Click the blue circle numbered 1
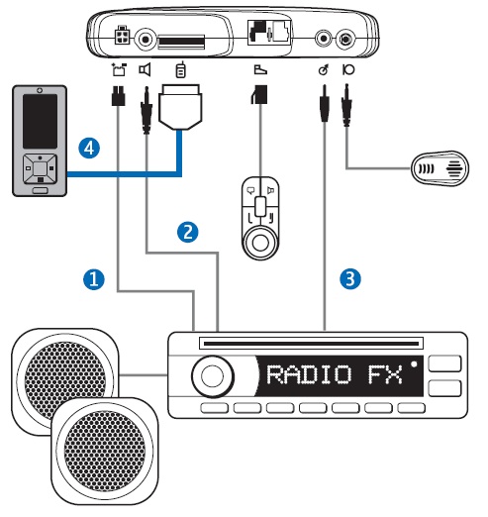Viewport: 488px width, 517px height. coord(94,279)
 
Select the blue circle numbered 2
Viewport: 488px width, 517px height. coord(188,232)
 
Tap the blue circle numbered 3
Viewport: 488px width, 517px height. coord(350,278)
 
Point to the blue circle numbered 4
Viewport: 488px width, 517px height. coord(89,148)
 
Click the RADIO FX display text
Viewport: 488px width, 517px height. coord(335,374)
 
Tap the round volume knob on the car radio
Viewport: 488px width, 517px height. coord(213,376)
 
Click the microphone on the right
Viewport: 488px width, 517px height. coord(440,168)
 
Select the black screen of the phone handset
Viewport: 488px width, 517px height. coord(40,121)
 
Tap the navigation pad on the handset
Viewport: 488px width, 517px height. coord(40,169)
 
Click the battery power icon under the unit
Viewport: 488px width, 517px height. coord(119,69)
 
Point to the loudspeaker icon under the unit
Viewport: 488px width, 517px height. coord(145,69)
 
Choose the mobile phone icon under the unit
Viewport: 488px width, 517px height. coord(180,69)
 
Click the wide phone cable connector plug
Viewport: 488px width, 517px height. coord(180,107)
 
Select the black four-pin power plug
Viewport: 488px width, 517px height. coord(118,96)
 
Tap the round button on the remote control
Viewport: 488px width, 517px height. coord(260,243)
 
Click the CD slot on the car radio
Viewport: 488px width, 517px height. coord(311,344)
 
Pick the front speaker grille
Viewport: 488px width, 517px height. coord(105,451)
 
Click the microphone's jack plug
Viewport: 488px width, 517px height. coord(346,105)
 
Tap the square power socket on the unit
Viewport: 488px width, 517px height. coord(122,36)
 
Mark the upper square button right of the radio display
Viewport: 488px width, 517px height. coord(444,363)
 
